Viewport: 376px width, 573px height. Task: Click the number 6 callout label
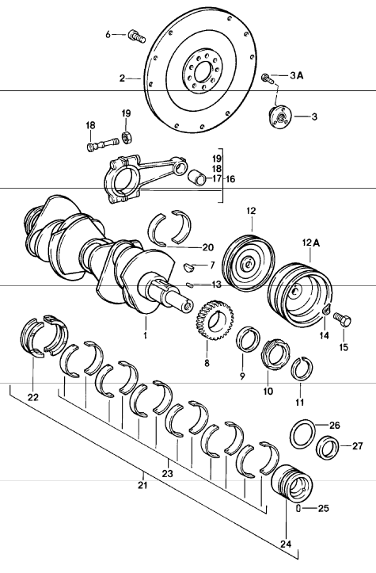pyautogui.click(x=109, y=34)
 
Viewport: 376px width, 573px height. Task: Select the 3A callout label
pyautogui.click(x=296, y=76)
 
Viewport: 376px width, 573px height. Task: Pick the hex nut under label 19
pyautogui.click(x=125, y=139)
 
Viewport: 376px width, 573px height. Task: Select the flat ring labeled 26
pyautogui.click(x=302, y=433)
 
